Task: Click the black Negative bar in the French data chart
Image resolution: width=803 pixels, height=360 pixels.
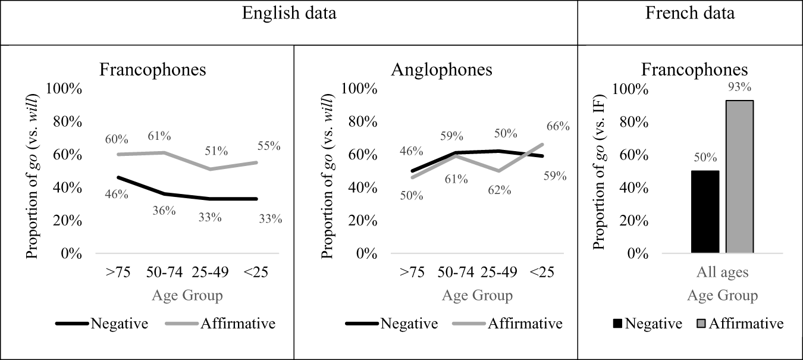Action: [705, 212]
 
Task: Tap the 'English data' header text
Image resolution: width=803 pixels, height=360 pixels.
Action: [288, 13]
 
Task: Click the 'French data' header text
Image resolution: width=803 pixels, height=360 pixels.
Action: [690, 13]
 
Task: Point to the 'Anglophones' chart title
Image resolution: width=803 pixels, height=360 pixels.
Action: [441, 70]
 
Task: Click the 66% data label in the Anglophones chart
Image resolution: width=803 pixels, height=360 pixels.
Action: [558, 126]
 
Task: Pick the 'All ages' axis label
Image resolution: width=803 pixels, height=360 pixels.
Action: [722, 273]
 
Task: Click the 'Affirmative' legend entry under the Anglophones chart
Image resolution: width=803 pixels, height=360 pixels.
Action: [525, 324]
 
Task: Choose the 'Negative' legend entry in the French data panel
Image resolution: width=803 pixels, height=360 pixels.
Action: [653, 324]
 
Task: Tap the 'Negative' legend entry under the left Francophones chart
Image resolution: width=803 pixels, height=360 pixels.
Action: [119, 324]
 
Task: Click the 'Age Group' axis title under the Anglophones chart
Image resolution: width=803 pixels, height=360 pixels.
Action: [477, 296]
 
